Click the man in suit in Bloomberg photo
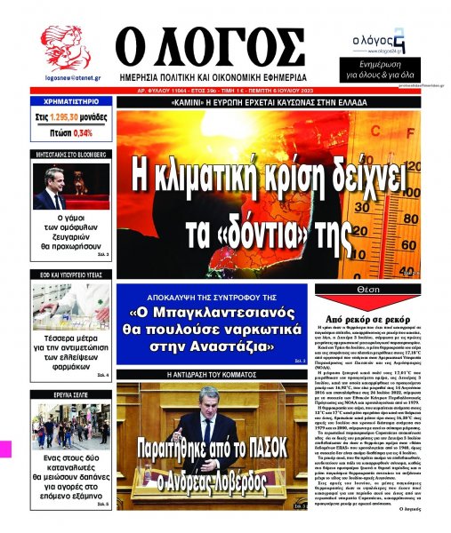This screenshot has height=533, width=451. point(51,188)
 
